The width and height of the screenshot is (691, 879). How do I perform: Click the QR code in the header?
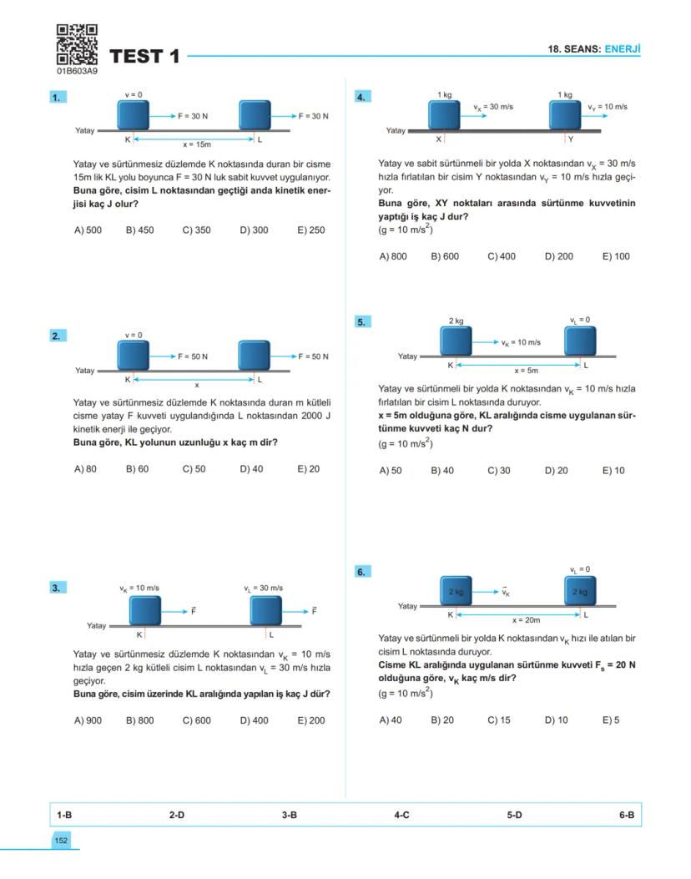(x=77, y=45)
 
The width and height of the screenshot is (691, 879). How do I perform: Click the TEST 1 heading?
(x=144, y=57)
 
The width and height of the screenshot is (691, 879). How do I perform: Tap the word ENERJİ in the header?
(x=623, y=49)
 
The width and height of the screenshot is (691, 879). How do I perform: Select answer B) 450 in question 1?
(x=139, y=230)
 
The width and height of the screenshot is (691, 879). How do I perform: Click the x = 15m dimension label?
(x=197, y=144)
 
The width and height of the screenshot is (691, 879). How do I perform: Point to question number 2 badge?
(x=57, y=336)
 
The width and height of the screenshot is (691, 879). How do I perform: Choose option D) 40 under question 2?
(x=251, y=469)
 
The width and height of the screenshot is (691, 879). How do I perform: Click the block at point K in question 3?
(x=144, y=610)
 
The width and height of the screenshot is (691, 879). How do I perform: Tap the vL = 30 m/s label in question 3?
(x=263, y=589)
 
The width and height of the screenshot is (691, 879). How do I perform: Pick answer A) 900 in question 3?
(x=88, y=720)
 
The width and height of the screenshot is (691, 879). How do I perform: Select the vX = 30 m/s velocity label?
(x=492, y=107)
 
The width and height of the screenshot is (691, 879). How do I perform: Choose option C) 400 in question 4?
(x=502, y=256)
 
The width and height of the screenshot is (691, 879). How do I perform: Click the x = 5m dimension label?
(x=526, y=370)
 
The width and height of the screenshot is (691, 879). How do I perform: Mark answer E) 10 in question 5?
(x=613, y=471)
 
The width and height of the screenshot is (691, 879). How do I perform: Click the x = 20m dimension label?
(x=526, y=620)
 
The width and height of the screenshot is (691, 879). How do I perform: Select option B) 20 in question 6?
(x=442, y=720)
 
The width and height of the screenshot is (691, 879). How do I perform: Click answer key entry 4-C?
(x=401, y=815)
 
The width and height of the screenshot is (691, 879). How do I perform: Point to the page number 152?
(x=61, y=841)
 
